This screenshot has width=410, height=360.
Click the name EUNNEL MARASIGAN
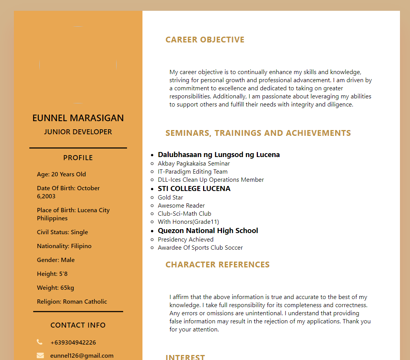[78, 118]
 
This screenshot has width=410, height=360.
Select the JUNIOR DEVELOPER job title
[78, 132]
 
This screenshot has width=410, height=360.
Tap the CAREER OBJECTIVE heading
[205, 40]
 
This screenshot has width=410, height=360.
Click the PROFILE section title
[78, 158]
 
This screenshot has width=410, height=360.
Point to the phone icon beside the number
[40, 342]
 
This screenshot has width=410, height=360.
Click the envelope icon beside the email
[40, 355]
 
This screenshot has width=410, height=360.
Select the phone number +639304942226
[73, 343]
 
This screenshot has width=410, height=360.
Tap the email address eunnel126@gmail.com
[82, 356]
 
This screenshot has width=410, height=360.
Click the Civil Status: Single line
[63, 232]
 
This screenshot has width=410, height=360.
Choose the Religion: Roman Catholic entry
[72, 302]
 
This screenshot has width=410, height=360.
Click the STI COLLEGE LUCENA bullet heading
[194, 189]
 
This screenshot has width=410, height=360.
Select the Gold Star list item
[170, 198]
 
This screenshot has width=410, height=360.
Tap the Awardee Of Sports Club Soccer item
[200, 248]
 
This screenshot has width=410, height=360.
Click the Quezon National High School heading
[208, 231]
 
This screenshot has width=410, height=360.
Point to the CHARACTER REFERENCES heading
[217, 265]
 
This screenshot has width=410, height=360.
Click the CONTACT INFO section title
[78, 325]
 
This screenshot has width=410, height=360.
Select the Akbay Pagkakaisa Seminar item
[194, 164]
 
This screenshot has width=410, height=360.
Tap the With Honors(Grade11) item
[188, 222]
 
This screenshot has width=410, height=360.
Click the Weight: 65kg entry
[56, 288]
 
